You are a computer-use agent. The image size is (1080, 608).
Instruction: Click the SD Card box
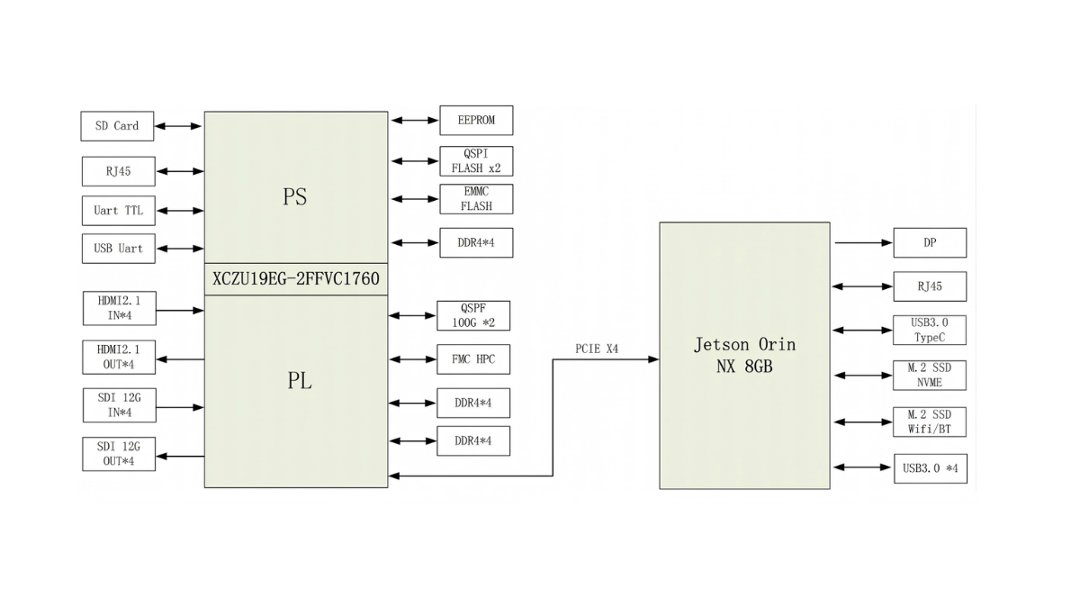117,126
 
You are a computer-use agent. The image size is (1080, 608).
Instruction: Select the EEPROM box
476,121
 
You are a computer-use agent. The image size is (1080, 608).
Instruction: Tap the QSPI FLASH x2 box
476,161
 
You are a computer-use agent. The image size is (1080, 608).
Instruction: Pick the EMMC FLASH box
476,199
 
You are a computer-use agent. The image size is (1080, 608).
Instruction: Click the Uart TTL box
119,211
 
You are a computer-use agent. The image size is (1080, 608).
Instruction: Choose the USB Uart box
119,249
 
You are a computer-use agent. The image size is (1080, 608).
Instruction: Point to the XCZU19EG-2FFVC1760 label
296,279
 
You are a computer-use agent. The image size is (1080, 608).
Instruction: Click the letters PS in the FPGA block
294,196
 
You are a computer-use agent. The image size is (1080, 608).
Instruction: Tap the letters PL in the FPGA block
300,381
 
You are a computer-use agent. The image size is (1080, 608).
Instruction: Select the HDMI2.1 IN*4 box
120,308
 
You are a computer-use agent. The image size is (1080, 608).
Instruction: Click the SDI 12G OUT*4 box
119,454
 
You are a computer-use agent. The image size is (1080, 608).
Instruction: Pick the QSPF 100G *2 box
473,316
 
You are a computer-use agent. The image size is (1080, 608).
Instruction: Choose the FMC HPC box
473,359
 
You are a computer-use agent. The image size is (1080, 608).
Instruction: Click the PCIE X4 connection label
597,349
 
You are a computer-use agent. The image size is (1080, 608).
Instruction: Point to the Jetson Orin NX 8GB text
745,356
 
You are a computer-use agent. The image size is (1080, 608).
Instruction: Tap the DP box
930,242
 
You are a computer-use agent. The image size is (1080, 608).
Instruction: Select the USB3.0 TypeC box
930,331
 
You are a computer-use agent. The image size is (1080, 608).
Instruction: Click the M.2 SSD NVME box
930,376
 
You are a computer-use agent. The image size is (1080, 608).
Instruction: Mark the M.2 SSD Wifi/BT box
930,422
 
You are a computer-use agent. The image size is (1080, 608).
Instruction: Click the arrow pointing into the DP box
863,242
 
